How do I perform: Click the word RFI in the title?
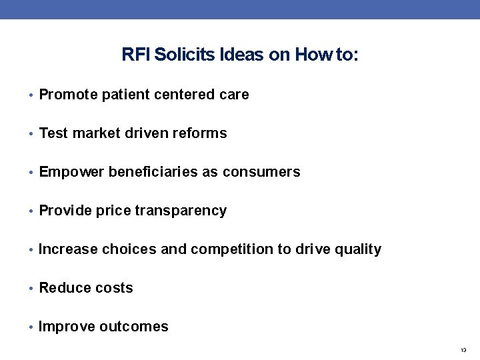(x=136, y=55)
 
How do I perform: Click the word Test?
(x=53, y=133)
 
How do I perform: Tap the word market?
(x=96, y=133)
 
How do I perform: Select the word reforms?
(x=200, y=133)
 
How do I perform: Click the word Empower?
(x=71, y=172)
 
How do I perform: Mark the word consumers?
(x=261, y=172)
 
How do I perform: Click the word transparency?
(x=181, y=211)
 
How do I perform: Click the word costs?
(x=115, y=288)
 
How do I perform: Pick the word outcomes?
(x=133, y=327)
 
